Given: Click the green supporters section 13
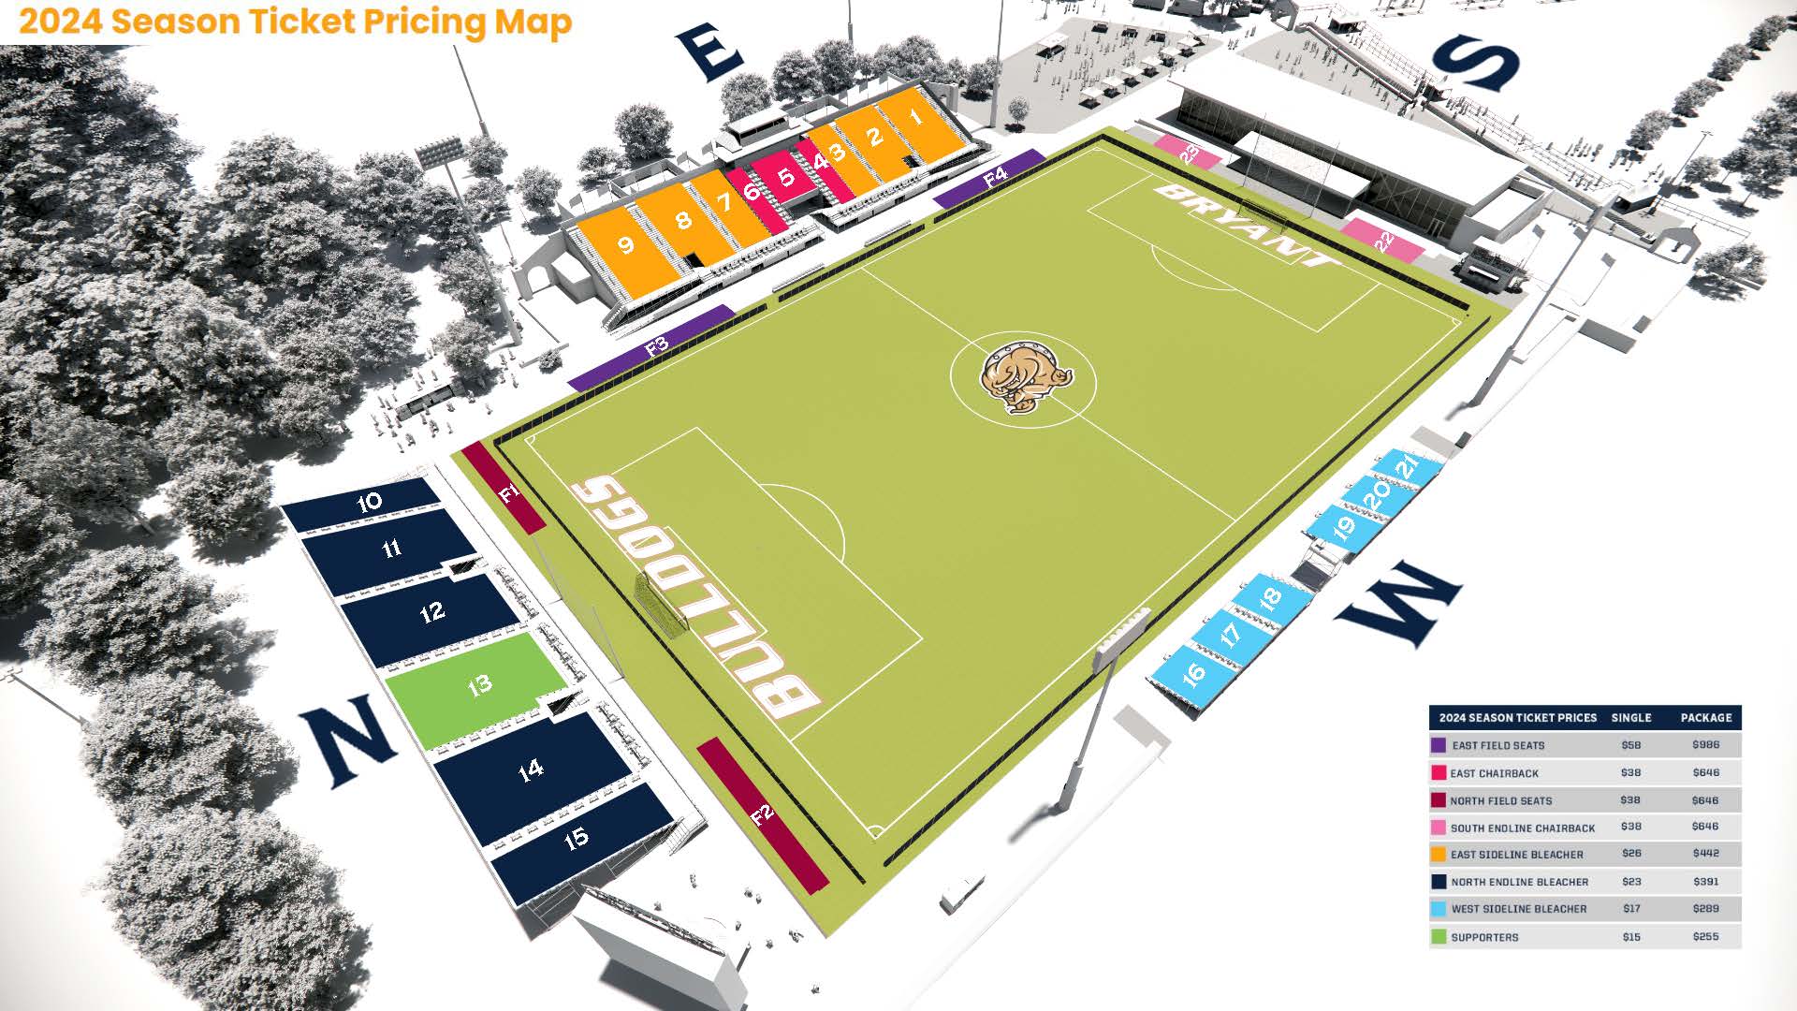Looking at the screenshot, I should point(477,686).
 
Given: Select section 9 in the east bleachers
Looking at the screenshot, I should point(625,246).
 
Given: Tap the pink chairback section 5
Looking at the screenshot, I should point(786,177).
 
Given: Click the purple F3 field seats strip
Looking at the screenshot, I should point(655,347).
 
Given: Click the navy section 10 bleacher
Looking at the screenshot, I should point(367,503).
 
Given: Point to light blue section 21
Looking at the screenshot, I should point(1407,464).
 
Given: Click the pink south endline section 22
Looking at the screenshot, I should point(1383,241).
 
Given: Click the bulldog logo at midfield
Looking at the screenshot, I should point(1024,377).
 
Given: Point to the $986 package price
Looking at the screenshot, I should point(1705,745).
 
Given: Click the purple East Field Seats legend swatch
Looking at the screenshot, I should point(1439,746).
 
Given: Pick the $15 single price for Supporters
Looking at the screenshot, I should point(1631,936).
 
